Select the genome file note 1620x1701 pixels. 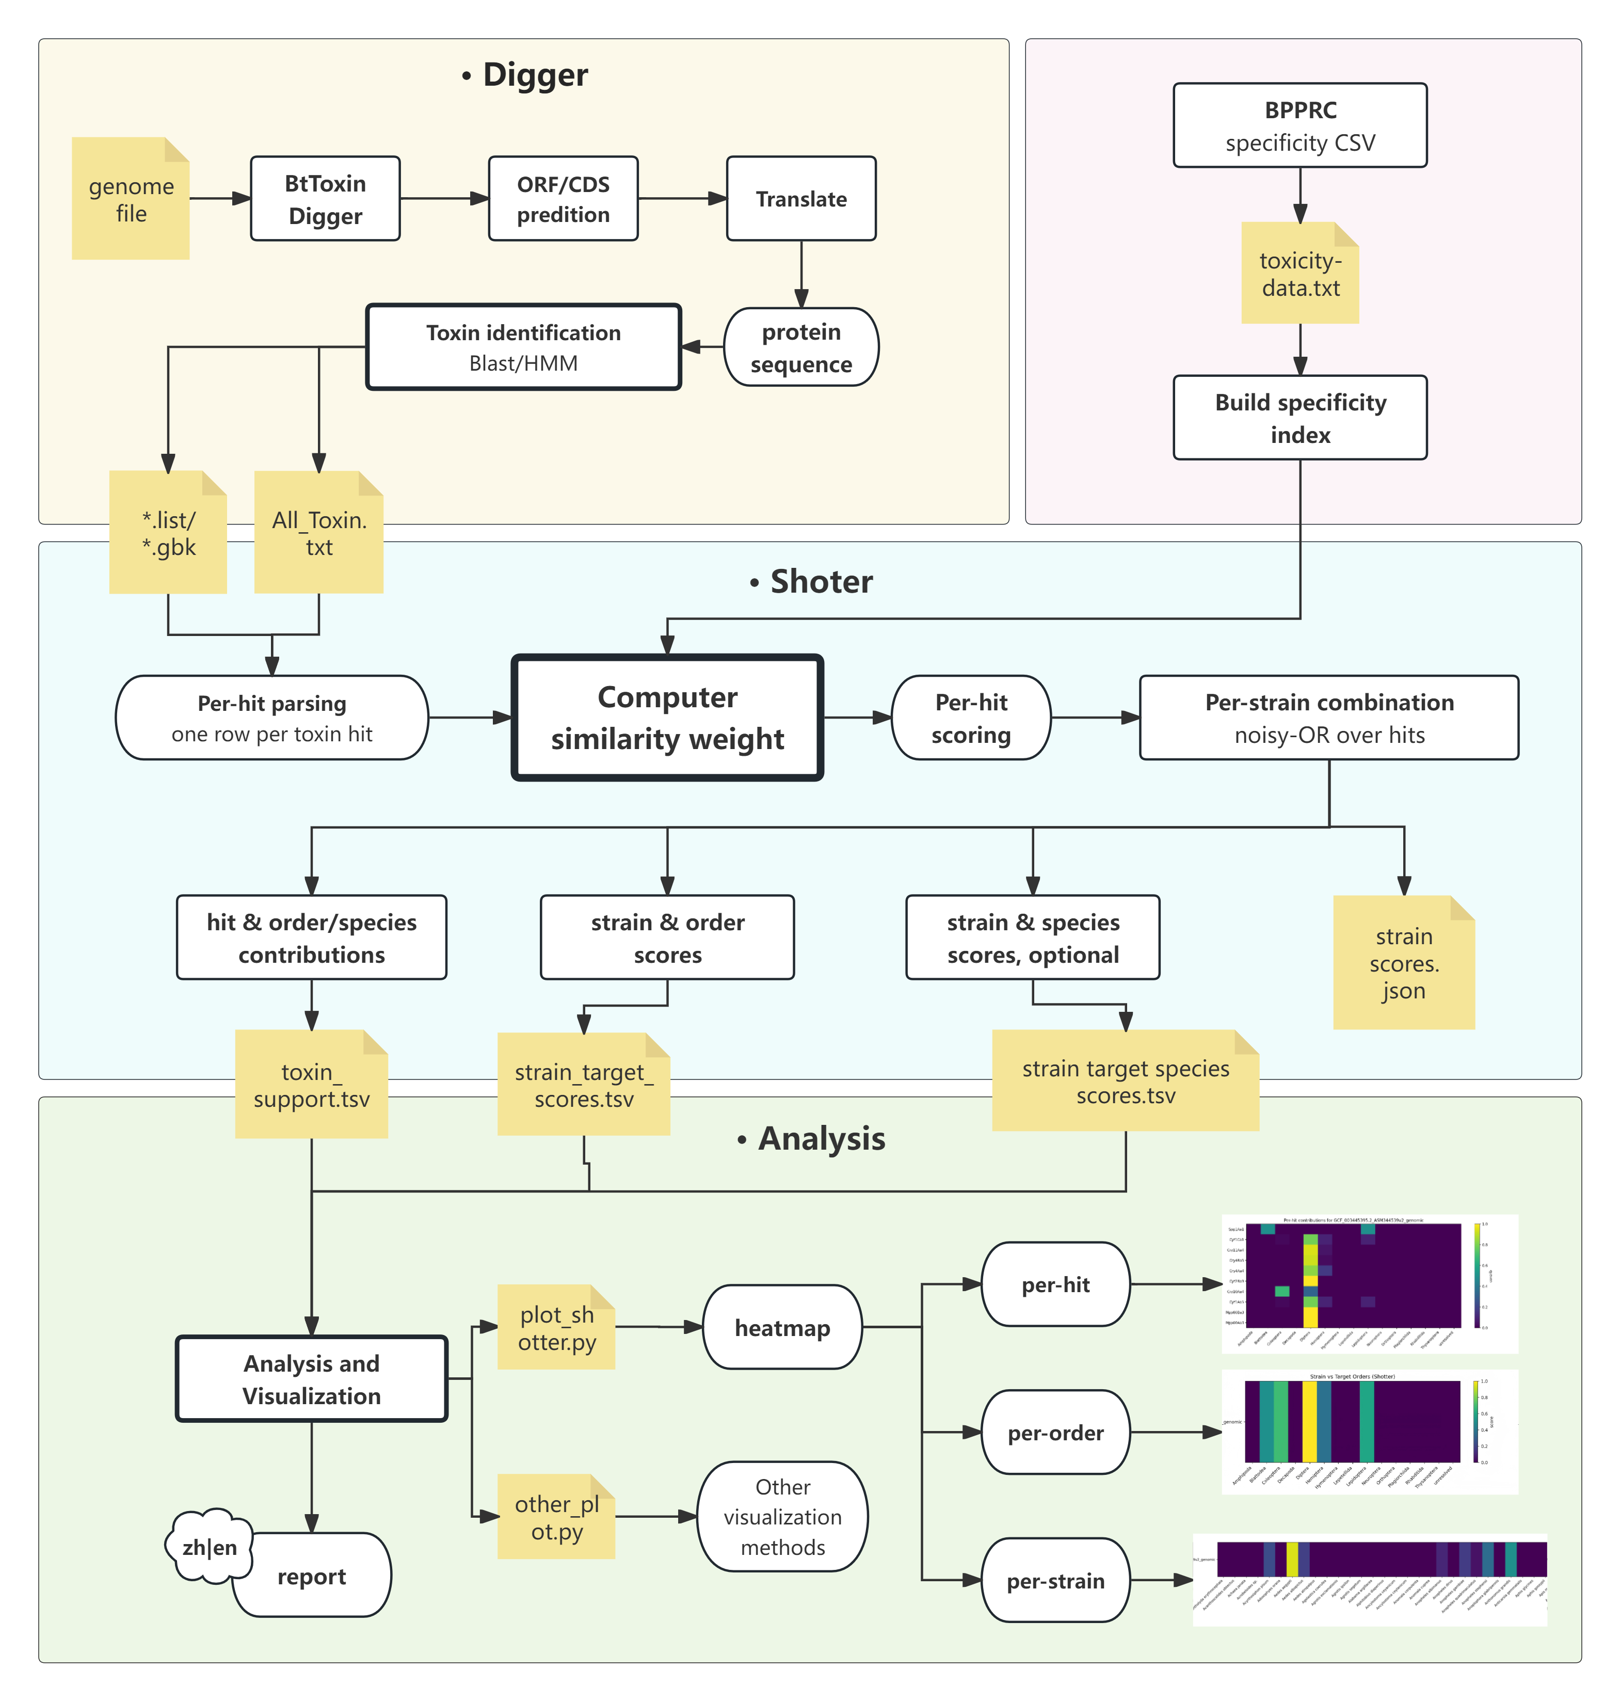[x=131, y=199]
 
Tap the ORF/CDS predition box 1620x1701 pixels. [x=563, y=199]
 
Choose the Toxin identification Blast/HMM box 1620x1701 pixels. [x=523, y=347]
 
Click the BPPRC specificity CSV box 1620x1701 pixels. [x=1300, y=125]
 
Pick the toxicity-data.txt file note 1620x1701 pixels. [x=1300, y=274]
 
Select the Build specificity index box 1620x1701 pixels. [x=1300, y=418]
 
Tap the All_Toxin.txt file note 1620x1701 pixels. [x=318, y=533]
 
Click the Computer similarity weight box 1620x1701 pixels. [x=667, y=718]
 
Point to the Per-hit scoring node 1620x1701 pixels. [x=971, y=718]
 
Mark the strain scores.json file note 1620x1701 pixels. [x=1403, y=963]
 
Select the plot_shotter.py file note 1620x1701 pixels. [x=556, y=1328]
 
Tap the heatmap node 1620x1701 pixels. [x=782, y=1328]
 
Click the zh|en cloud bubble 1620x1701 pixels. [x=209, y=1546]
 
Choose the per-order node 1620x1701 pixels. [x=1055, y=1433]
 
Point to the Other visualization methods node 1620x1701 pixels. [x=782, y=1517]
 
